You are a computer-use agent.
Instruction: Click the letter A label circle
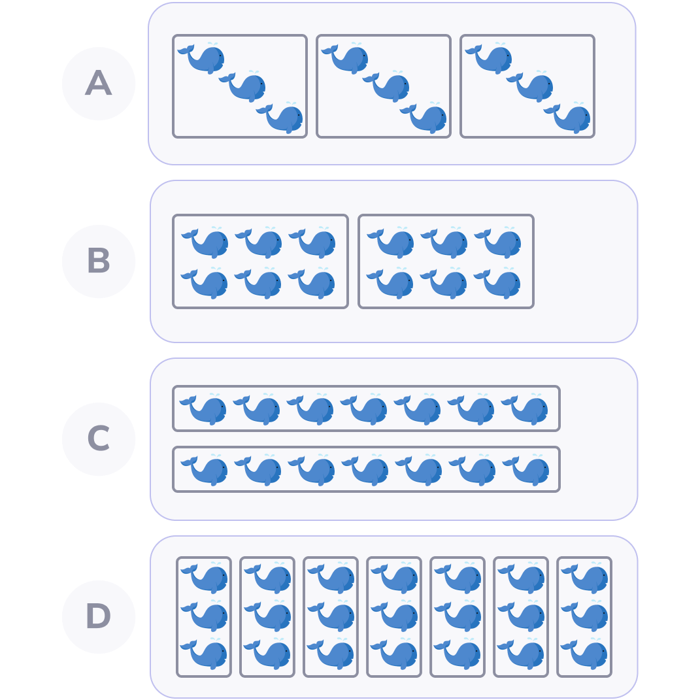point(99,84)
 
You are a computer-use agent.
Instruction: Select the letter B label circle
point(99,261)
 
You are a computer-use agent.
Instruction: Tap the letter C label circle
point(99,439)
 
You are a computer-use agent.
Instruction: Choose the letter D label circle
point(99,617)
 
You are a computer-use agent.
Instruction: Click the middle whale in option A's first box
point(246,87)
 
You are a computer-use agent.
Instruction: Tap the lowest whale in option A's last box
point(571,118)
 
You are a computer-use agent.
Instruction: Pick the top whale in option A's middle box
point(348,58)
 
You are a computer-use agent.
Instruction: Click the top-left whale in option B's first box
point(208,242)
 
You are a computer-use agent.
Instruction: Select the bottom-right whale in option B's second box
point(501,284)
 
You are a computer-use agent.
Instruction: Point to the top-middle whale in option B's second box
point(447,242)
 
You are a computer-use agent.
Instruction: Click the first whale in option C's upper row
point(206,410)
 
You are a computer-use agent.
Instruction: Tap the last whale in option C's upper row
point(527,410)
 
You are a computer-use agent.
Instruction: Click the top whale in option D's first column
point(207,578)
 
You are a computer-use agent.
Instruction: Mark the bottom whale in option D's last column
point(587,654)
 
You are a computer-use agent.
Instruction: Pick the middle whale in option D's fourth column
point(397,616)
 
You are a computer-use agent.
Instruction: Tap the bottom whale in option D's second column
point(270,654)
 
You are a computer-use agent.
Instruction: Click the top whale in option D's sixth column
point(524,578)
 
